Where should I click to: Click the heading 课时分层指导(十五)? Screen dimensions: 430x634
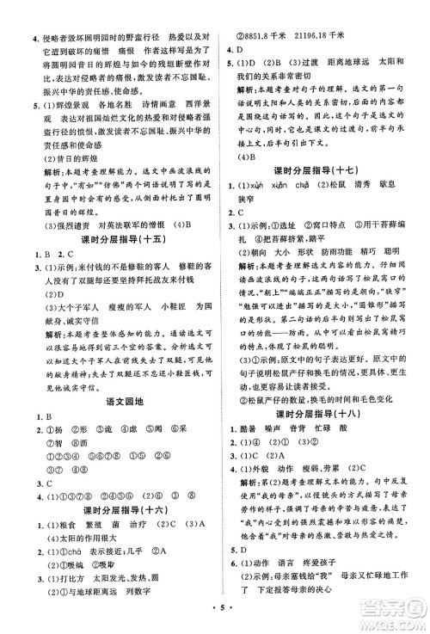pyautogui.click(x=110, y=239)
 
